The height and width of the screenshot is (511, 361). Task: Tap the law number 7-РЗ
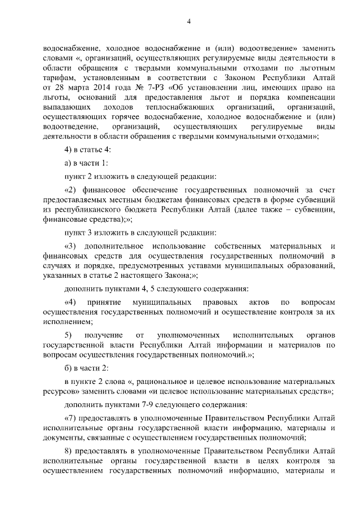click(x=151, y=88)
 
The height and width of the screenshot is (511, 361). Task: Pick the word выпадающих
click(x=67, y=107)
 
